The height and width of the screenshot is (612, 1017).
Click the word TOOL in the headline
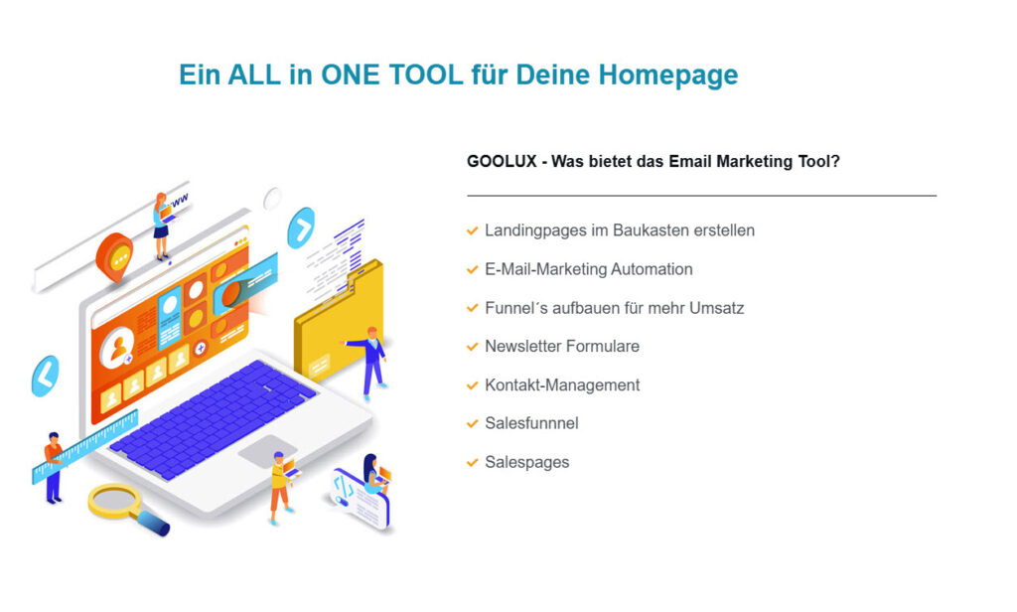[426, 75]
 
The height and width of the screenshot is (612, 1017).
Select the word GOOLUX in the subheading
[502, 161]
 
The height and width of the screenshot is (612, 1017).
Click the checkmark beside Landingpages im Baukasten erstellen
[472, 230]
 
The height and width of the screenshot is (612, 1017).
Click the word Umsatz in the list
[716, 308]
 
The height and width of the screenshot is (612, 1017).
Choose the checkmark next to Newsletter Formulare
[472, 347]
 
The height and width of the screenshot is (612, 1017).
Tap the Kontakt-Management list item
[562, 384]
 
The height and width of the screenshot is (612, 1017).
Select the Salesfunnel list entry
[532, 423]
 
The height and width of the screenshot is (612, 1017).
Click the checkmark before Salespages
[472, 463]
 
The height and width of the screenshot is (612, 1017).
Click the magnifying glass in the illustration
[128, 509]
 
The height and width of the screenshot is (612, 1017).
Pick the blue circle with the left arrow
[45, 376]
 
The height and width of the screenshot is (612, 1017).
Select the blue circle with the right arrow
[301, 228]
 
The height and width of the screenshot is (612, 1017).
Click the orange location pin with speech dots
[115, 257]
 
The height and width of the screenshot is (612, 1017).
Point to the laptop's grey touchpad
[267, 450]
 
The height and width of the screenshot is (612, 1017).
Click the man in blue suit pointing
[370, 361]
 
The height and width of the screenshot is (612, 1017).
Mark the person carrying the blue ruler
[54, 467]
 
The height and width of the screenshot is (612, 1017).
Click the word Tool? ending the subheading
[818, 161]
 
